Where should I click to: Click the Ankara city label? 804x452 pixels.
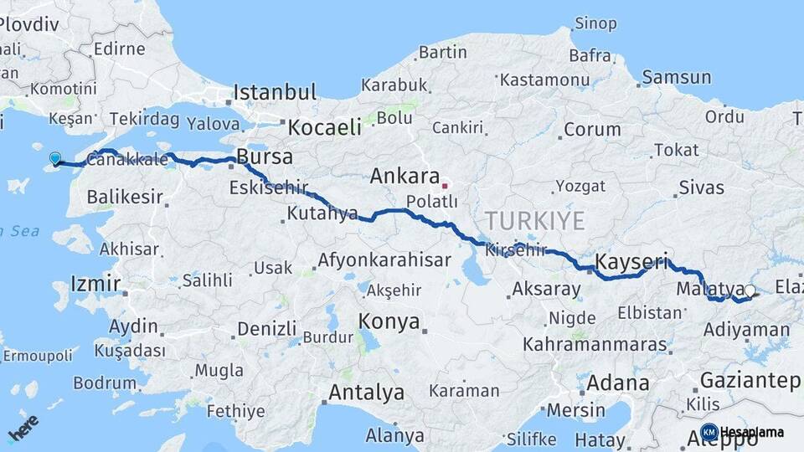point(405,177)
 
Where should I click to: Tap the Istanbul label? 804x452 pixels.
point(275,92)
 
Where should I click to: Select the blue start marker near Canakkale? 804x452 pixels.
point(55,158)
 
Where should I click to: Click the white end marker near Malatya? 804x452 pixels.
point(750,291)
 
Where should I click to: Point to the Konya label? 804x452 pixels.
point(389,321)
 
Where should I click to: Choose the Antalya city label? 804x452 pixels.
point(366,392)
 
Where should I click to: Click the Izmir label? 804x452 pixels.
point(95,283)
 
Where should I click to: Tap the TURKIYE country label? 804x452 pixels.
point(534,221)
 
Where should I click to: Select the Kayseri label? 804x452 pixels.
point(631,263)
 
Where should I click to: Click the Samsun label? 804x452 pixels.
point(678,78)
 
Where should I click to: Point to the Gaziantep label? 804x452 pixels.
point(750,381)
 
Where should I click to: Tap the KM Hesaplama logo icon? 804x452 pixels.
point(709,432)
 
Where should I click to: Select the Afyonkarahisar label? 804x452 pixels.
point(384,259)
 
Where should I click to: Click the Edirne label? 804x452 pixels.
point(120,49)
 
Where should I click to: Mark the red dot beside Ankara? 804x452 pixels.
point(446,186)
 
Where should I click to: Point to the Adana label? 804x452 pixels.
point(618,383)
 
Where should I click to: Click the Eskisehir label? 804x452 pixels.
point(269,187)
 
